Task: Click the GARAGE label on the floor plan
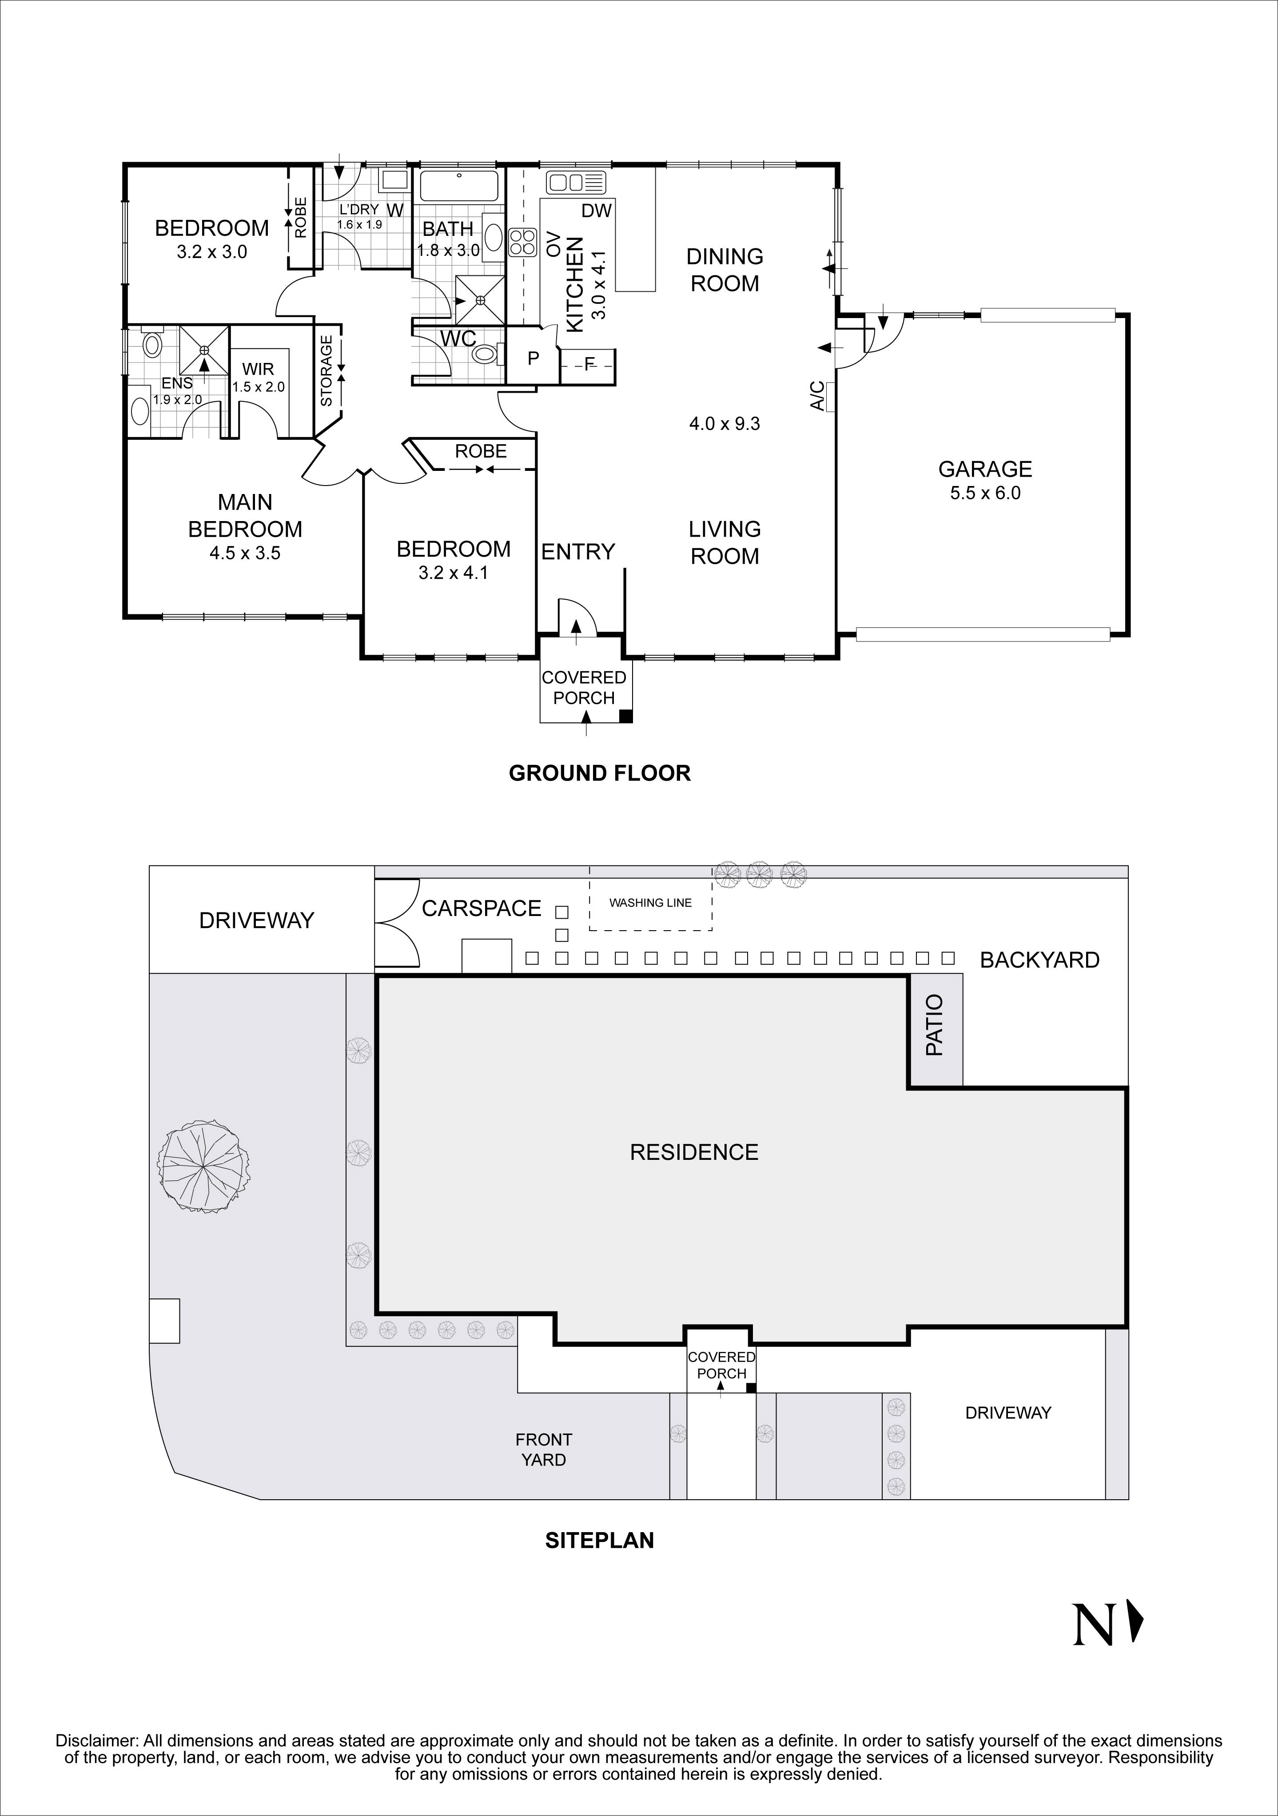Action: point(985,469)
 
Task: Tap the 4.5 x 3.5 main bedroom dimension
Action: point(245,554)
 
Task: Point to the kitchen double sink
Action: point(575,182)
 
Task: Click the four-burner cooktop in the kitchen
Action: point(523,242)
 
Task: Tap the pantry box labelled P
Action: point(533,359)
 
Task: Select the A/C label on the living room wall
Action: point(818,395)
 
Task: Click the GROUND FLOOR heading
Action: point(599,773)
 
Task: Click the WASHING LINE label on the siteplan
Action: point(650,903)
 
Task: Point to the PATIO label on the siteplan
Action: point(935,1036)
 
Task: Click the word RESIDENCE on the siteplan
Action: point(693,1152)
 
